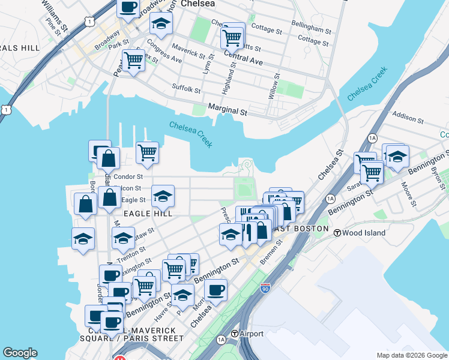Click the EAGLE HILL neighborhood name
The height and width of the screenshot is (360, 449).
pyautogui.click(x=148, y=213)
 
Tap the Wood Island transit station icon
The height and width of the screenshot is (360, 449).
pyautogui.click(x=337, y=233)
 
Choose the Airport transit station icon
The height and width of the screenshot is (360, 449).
pyautogui.click(x=235, y=334)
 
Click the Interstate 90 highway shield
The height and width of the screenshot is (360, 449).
pyautogui.click(x=265, y=289)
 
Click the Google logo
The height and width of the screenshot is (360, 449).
pyautogui.click(x=20, y=353)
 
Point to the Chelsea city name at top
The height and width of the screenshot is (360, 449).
pyautogui.click(x=199, y=4)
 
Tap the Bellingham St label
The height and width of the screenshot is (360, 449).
pyautogui.click(x=311, y=29)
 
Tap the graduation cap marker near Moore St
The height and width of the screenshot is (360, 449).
pyautogui.click(x=396, y=156)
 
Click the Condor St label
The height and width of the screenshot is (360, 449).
pyautogui.click(x=128, y=177)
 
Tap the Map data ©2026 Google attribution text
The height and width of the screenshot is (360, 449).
pyautogui.click(x=412, y=355)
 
